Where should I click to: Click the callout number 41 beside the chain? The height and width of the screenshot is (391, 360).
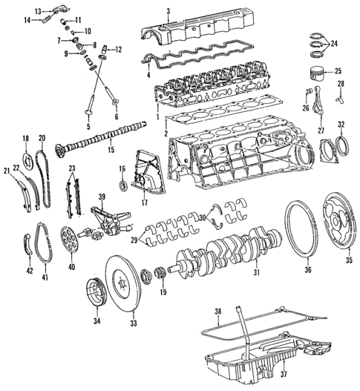click(44, 277)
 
